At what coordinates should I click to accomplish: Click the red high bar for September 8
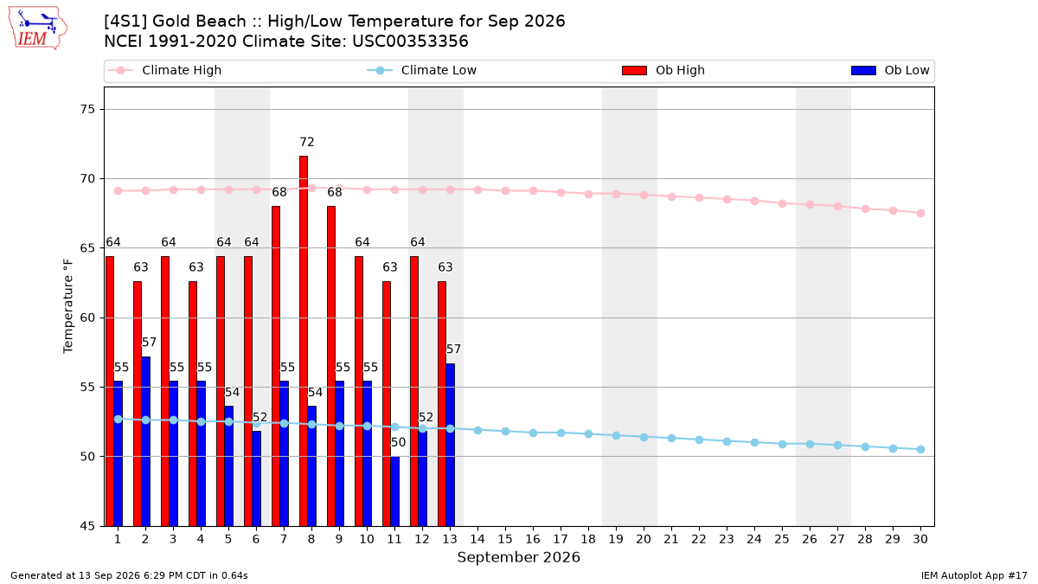pyautogui.click(x=304, y=341)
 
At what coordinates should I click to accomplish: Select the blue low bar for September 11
pyautogui.click(x=394, y=491)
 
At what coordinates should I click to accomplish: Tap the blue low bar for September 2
pyautogui.click(x=145, y=441)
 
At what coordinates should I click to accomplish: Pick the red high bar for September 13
pyautogui.click(x=442, y=404)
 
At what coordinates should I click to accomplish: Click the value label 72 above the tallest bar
pyautogui.click(x=307, y=142)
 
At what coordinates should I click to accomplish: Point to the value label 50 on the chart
pyautogui.click(x=398, y=443)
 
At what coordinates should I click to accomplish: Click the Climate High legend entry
pyautogui.click(x=165, y=70)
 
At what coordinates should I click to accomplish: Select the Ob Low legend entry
pyautogui.click(x=890, y=70)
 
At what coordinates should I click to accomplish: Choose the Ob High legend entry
pyautogui.click(x=663, y=70)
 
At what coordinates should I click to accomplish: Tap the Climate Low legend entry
pyautogui.click(x=422, y=70)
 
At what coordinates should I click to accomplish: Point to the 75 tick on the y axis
pyautogui.click(x=88, y=109)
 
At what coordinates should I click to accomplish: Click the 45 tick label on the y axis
pyautogui.click(x=88, y=526)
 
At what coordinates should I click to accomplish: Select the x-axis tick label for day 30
pyautogui.click(x=920, y=539)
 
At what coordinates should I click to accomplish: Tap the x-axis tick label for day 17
pyautogui.click(x=561, y=539)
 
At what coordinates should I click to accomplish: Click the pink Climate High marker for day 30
pyautogui.click(x=920, y=213)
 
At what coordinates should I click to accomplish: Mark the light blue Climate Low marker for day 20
pyautogui.click(x=644, y=437)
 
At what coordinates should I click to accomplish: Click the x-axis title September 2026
pyautogui.click(x=518, y=557)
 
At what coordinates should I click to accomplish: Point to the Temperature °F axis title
pyautogui.click(x=68, y=306)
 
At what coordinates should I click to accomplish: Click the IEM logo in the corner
pyautogui.click(x=37, y=28)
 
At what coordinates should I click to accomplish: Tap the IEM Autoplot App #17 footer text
pyautogui.click(x=974, y=575)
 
